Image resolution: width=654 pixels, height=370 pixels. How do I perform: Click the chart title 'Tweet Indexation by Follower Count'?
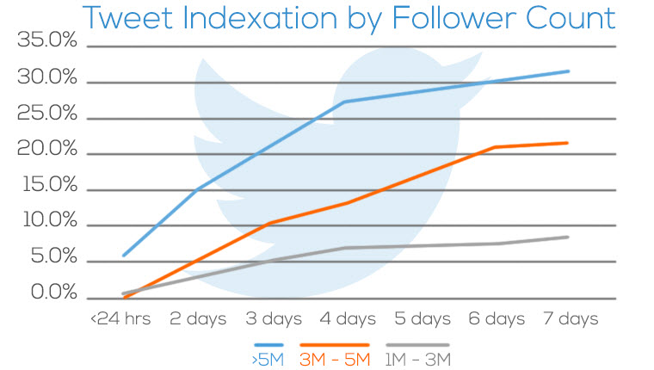[x=349, y=18]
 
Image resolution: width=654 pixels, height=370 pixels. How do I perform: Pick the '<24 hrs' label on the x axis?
[x=120, y=319]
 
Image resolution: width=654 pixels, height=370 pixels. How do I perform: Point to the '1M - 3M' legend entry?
[x=416, y=358]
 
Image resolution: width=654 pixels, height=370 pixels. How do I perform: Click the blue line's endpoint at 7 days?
[x=568, y=71]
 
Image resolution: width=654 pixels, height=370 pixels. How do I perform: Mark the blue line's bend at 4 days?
[x=345, y=102]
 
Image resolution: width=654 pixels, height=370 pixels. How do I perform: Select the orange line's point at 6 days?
[x=494, y=147]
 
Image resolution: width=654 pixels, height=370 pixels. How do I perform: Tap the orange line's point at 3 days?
[x=270, y=223]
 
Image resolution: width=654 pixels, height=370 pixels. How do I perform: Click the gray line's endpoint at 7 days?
[x=568, y=237]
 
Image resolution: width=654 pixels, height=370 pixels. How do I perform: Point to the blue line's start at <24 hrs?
[x=124, y=256]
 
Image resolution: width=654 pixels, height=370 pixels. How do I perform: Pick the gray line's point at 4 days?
[x=345, y=248]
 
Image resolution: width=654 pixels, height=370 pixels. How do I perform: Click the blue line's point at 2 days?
[x=197, y=190]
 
